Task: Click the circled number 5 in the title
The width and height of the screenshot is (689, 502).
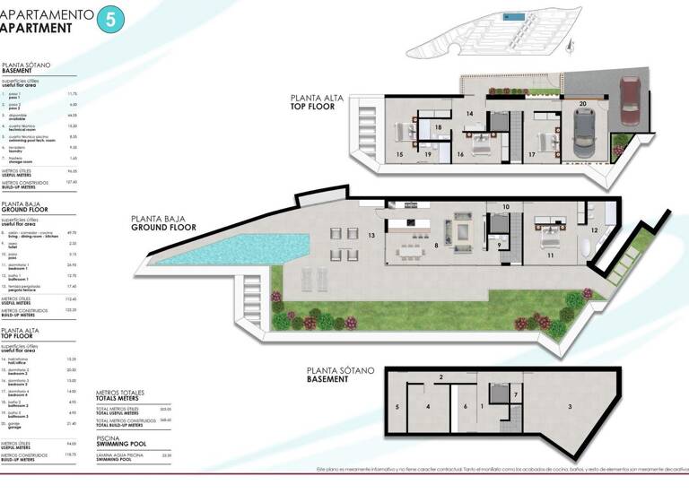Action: click(110, 20)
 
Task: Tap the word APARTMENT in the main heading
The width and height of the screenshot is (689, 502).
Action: click(36, 28)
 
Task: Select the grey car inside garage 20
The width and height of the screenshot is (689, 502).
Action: click(584, 137)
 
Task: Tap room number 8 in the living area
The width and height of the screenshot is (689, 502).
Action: click(436, 243)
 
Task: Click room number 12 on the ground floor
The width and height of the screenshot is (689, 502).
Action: click(594, 230)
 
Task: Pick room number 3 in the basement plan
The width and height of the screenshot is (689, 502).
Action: click(571, 407)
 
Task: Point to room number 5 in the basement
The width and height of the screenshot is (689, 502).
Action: click(397, 407)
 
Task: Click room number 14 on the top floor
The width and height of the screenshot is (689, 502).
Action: click(470, 114)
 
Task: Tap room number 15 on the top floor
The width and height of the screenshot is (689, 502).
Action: click(400, 154)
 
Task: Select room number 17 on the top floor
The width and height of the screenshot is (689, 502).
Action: click(532, 154)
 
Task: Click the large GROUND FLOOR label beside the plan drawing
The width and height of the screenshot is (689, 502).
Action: click(162, 222)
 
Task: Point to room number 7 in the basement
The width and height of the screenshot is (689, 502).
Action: click(515, 394)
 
